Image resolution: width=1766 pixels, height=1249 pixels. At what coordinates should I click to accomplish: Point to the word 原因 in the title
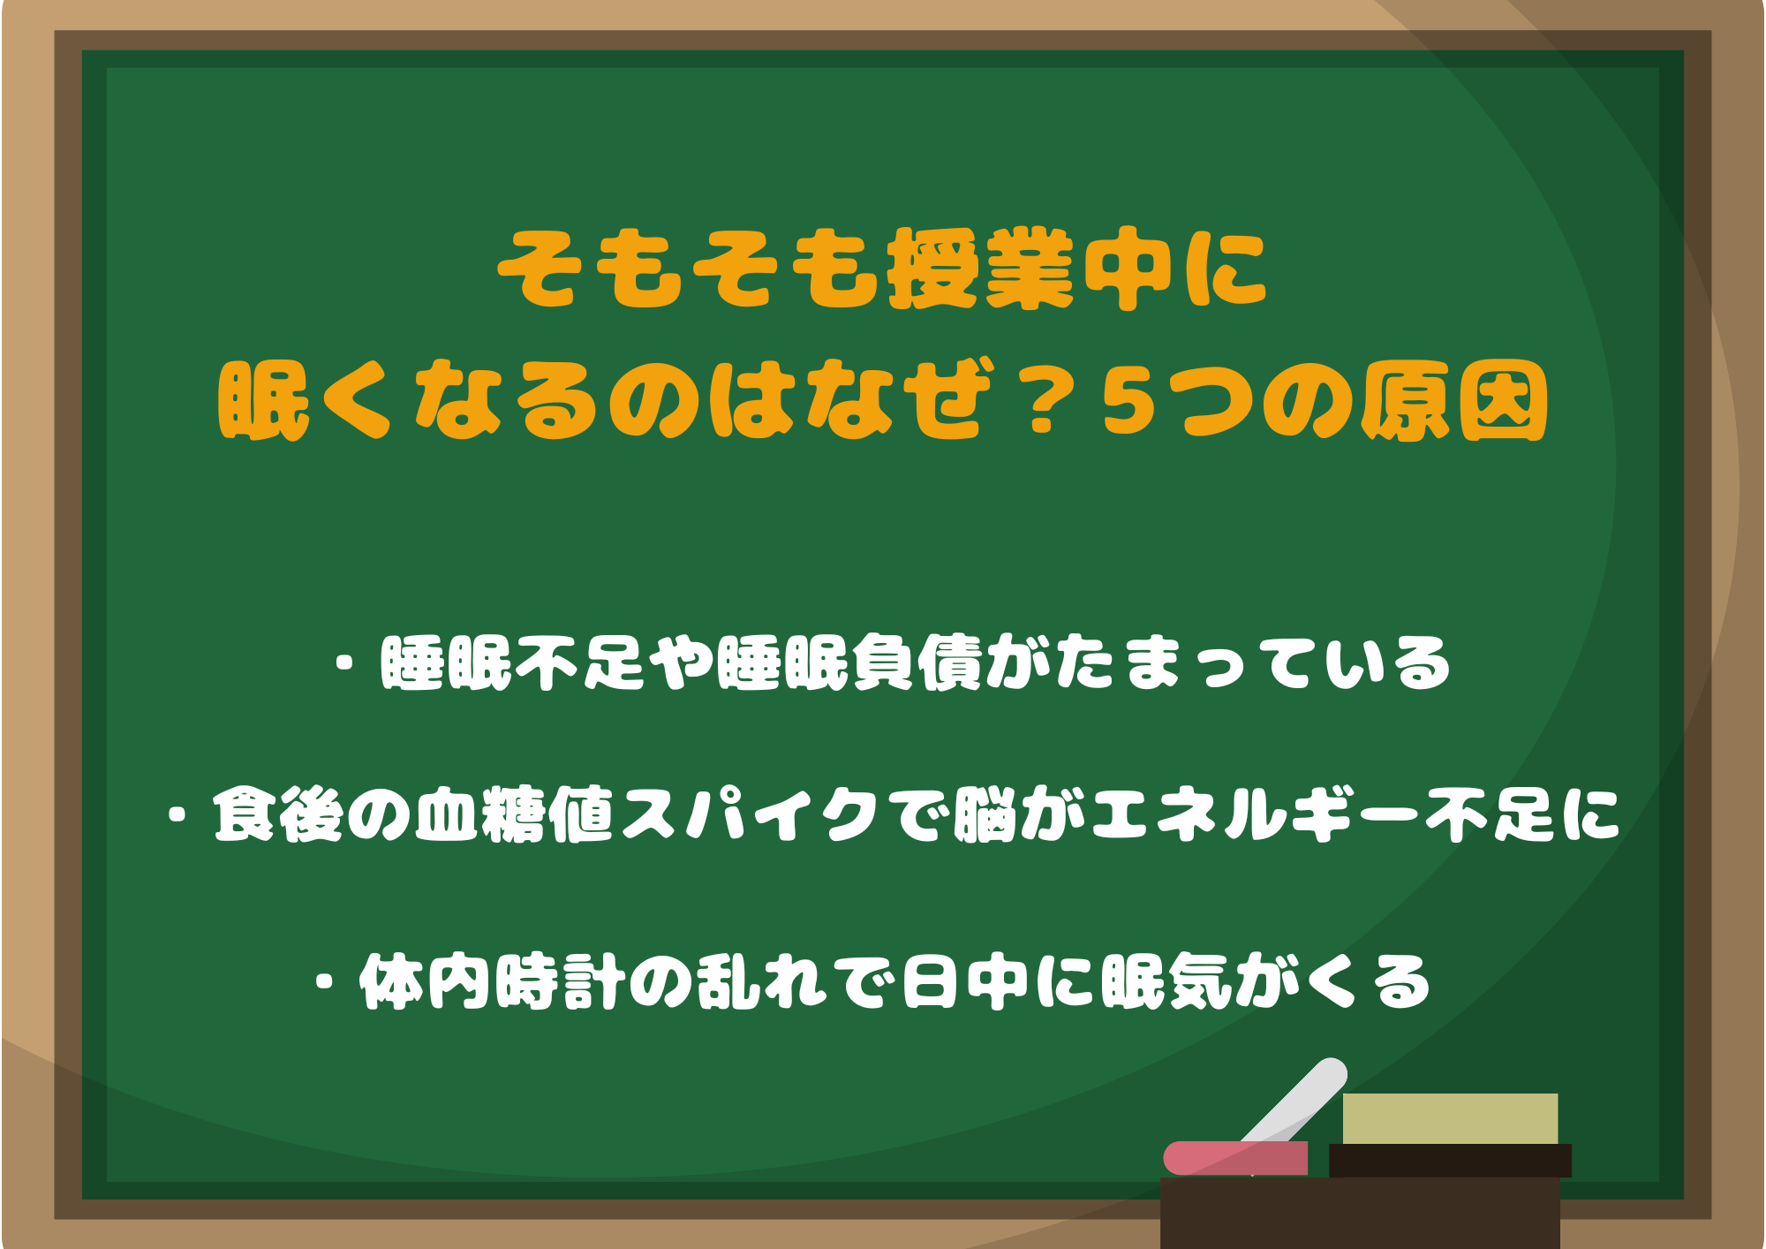tap(1453, 403)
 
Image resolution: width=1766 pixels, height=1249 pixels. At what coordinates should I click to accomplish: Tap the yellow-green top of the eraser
tap(1450, 1118)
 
